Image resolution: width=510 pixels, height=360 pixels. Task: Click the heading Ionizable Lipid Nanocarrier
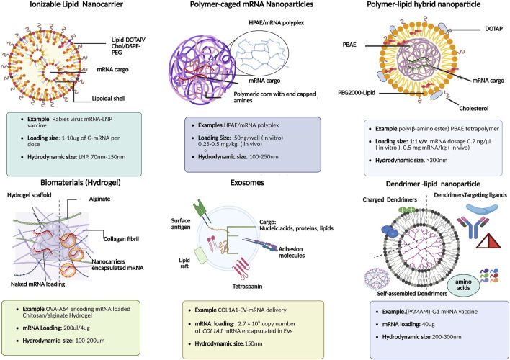click(x=76, y=4)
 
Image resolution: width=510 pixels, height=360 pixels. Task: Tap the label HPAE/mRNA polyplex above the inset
click(x=276, y=23)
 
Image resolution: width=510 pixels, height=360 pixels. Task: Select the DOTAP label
click(x=493, y=29)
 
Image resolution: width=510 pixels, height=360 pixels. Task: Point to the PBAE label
click(x=349, y=45)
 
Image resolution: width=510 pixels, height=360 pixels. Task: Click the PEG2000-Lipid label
click(x=357, y=93)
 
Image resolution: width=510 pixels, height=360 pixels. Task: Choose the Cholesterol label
click(x=473, y=108)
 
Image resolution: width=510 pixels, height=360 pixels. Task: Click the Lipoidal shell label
click(x=108, y=98)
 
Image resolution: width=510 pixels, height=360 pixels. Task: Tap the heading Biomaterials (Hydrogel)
click(x=81, y=183)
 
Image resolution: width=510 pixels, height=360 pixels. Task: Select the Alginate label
click(x=99, y=199)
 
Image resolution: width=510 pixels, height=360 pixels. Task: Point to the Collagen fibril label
click(x=121, y=239)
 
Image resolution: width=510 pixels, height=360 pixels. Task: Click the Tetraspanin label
click(x=247, y=287)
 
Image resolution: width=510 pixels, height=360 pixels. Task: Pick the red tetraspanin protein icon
click(x=241, y=268)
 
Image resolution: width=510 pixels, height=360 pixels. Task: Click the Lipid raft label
click(x=184, y=263)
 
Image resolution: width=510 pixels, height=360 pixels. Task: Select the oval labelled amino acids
click(x=463, y=285)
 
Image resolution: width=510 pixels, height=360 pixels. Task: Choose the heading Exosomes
click(x=247, y=183)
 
